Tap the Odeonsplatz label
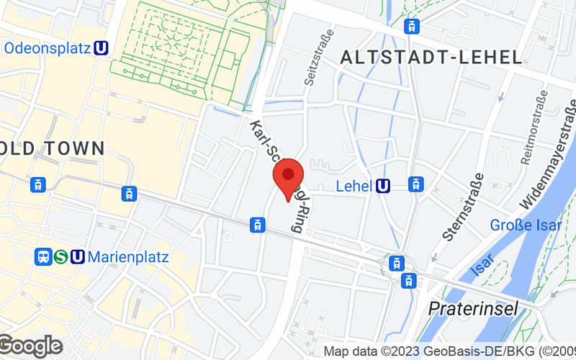(x=47, y=48)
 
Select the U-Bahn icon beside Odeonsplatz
(x=102, y=48)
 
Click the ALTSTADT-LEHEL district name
(x=431, y=58)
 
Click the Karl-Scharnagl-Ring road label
(x=275, y=176)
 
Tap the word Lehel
(x=354, y=186)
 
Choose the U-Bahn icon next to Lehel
(x=384, y=186)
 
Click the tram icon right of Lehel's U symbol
(x=415, y=184)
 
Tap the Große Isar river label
(x=526, y=225)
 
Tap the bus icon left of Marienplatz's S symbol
(x=43, y=256)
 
